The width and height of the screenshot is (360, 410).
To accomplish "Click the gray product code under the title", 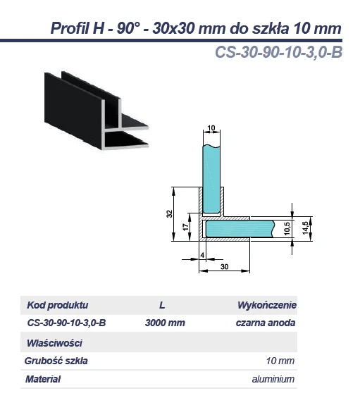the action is coord(278,52).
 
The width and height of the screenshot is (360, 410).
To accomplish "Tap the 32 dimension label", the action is coord(169,213).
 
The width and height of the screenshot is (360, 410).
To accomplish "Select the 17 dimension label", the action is coord(185,227).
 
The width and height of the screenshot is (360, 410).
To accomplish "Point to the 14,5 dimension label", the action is coord(305,228).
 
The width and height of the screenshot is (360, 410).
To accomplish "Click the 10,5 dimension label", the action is coord(286,228).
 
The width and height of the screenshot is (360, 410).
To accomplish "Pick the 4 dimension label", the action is coord(202,255).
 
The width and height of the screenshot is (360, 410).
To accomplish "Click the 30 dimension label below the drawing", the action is coord(224,266).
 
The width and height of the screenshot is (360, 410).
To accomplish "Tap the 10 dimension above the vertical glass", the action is coord(211,128).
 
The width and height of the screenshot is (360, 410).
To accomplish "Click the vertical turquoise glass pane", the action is coord(211,179).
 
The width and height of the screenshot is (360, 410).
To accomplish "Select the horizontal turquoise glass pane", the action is coord(240,229).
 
